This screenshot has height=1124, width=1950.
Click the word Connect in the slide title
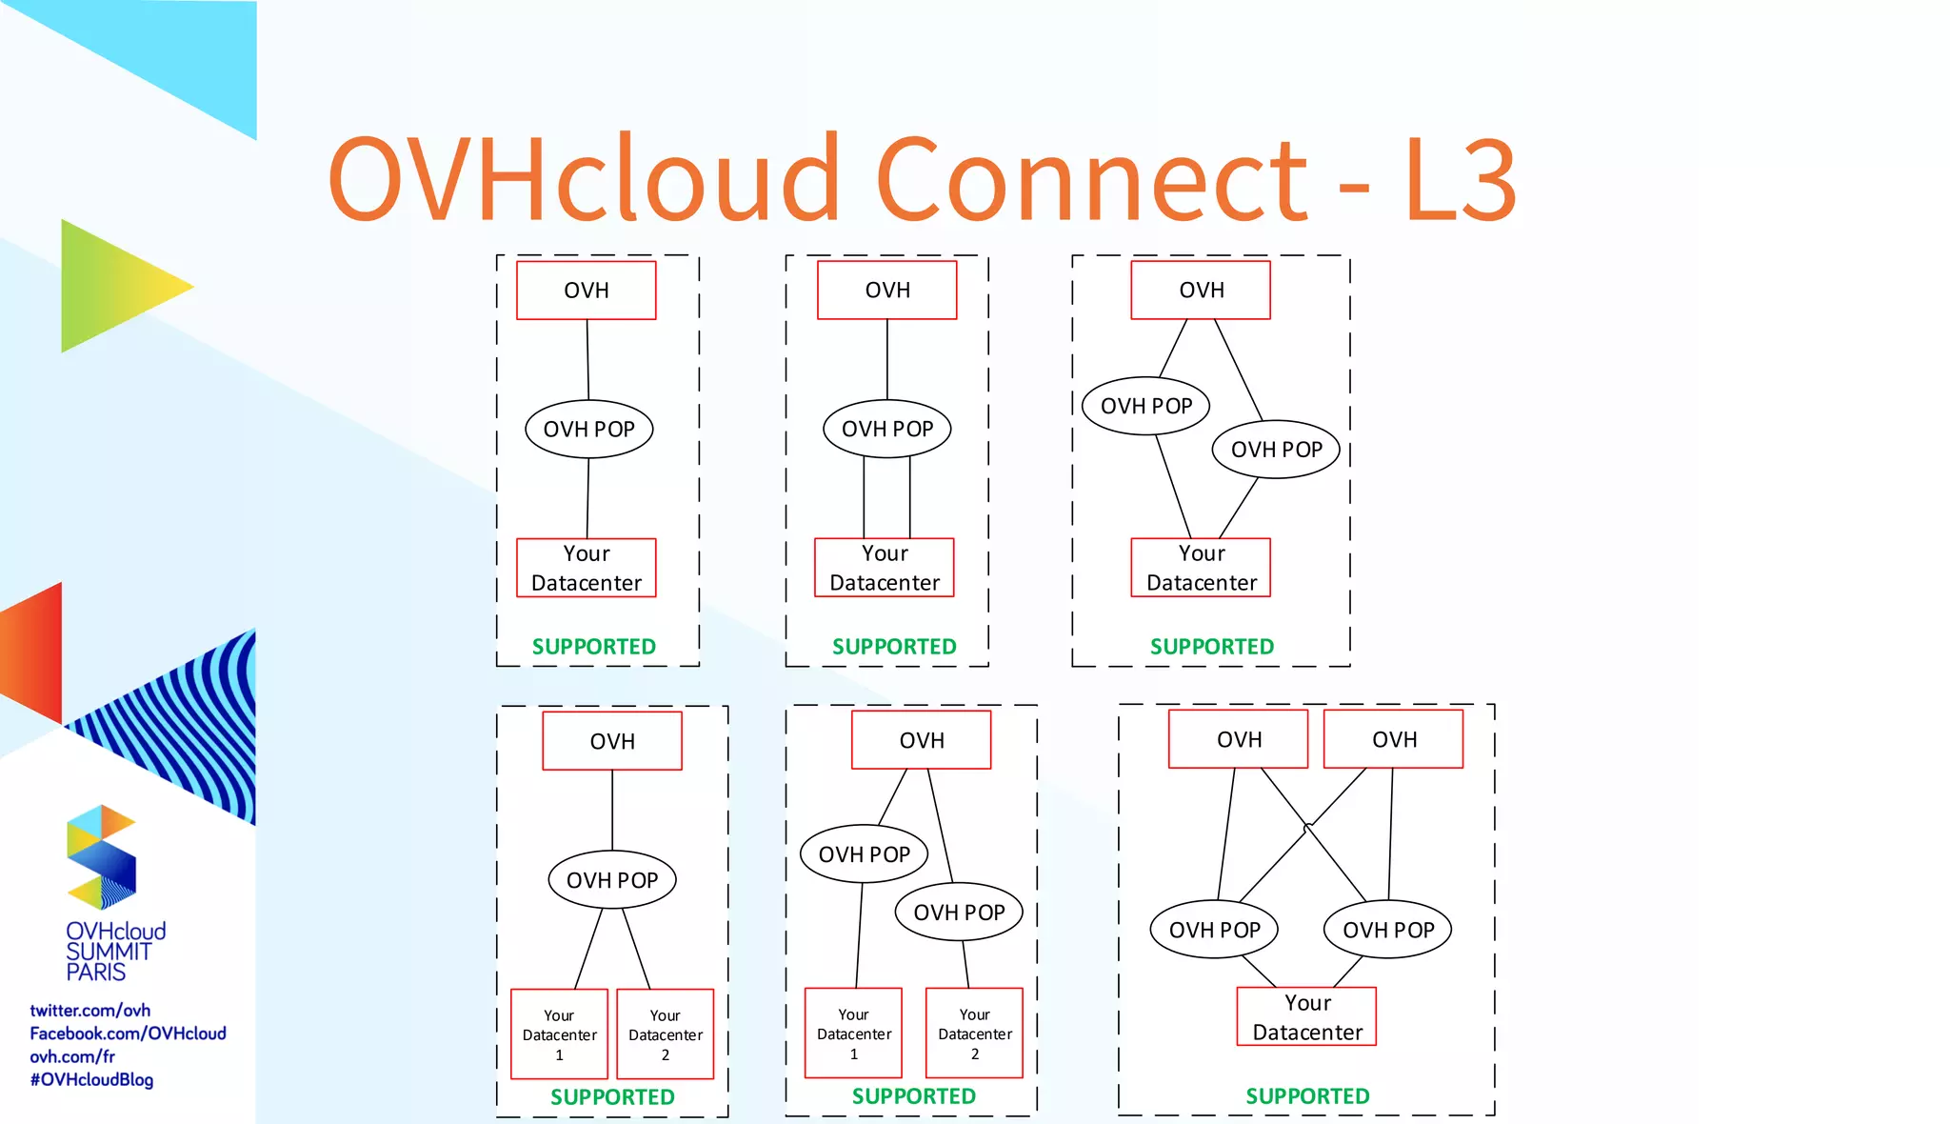click(1091, 179)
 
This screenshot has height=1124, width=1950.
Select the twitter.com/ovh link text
click(90, 1010)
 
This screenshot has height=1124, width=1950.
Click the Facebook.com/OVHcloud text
click(128, 1034)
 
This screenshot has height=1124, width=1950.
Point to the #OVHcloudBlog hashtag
click(91, 1079)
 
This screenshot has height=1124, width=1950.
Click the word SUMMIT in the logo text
click(108, 952)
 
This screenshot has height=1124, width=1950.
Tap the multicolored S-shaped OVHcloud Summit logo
click(101, 856)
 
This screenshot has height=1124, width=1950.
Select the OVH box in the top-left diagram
click(586, 291)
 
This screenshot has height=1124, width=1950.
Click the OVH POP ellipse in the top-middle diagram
click(886, 429)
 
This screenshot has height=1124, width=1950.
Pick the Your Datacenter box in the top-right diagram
click(1201, 568)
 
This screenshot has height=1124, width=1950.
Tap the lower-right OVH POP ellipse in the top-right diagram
click(1275, 449)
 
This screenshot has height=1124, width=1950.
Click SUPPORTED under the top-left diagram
click(593, 647)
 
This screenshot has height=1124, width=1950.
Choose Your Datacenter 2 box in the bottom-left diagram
click(665, 1034)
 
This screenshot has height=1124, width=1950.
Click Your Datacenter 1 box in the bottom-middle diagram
click(853, 1034)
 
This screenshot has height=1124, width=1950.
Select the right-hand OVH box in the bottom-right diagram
click(1393, 739)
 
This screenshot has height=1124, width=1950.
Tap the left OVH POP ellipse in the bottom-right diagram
click(1213, 930)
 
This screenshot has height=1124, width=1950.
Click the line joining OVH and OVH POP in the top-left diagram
click(587, 360)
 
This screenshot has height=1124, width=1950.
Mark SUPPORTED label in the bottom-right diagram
click(1306, 1096)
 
